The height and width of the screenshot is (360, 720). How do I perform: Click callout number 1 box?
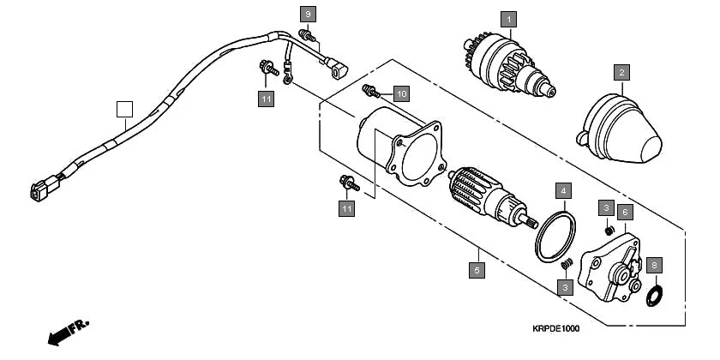[x=508, y=18]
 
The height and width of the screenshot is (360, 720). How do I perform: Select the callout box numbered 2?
[x=621, y=73]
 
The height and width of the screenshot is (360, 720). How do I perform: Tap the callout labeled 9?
[x=308, y=14]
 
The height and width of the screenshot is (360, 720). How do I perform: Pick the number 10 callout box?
[x=401, y=92]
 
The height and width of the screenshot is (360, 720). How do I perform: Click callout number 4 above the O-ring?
[x=562, y=190]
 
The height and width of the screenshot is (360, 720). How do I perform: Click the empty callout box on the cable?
[x=125, y=109]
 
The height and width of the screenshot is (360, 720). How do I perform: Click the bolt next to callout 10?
[x=371, y=89]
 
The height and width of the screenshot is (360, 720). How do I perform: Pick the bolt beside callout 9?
[x=306, y=35]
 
